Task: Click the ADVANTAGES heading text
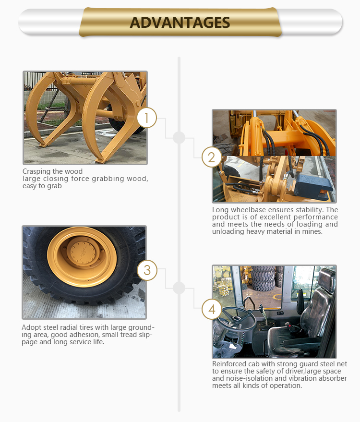180,23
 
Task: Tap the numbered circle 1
146,118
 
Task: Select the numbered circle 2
212,157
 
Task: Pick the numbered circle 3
147,270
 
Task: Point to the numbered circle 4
212,309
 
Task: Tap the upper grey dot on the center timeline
179,137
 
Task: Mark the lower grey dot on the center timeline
179,288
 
